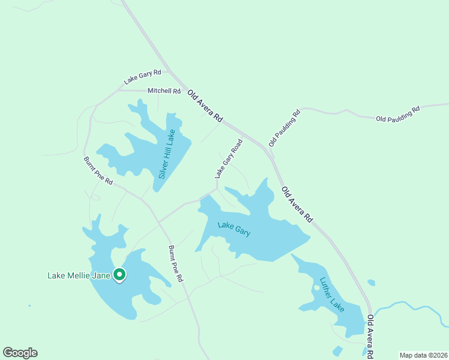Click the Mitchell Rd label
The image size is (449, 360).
coord(164,91)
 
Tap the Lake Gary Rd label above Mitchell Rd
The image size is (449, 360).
coord(143,76)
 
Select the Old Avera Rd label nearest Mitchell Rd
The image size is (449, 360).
coord(205,107)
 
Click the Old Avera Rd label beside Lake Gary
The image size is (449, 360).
coord(297,204)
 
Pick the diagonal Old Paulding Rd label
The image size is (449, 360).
coord(284,128)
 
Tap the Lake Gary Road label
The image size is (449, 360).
coord(229,158)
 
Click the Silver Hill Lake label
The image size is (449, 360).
coord(166,154)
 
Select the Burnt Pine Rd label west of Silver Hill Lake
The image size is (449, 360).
coord(98,170)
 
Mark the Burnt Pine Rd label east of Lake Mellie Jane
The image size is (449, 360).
coord(175,264)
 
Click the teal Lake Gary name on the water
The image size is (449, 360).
coord(234,229)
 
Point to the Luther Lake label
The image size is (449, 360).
coord(332,293)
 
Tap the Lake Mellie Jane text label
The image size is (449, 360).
coord(79,276)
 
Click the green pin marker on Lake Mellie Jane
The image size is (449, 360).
coord(119,274)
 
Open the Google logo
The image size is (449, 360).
coord(20,353)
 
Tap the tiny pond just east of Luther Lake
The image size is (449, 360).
coord(372,283)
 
